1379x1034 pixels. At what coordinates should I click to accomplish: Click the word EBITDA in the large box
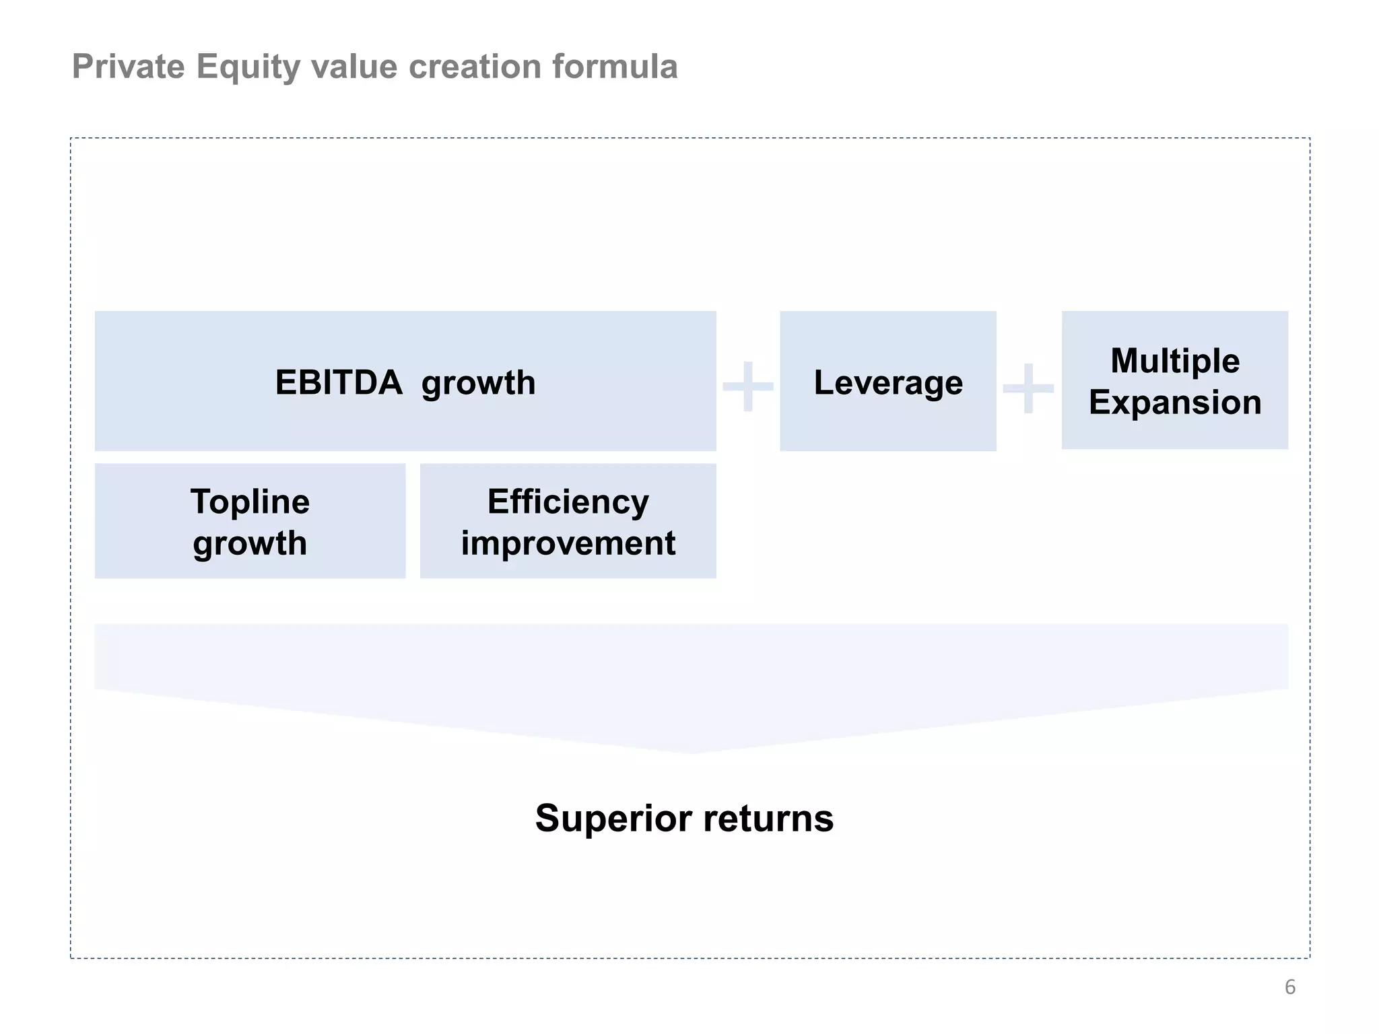(338, 383)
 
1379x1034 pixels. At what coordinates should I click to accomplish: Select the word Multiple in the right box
(1175, 361)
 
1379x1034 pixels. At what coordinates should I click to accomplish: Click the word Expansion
(1175, 403)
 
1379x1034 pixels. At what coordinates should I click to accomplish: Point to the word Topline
(250, 502)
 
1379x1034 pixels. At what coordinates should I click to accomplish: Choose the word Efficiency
(568, 502)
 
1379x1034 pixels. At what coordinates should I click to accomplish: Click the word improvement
(568, 543)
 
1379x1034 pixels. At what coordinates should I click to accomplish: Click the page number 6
(1289, 987)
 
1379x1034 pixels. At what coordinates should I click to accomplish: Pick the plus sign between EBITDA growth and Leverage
(747, 386)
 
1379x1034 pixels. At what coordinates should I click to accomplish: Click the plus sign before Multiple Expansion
(1028, 388)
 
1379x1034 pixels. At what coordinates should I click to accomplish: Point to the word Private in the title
(128, 67)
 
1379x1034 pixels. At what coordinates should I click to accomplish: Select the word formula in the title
(615, 67)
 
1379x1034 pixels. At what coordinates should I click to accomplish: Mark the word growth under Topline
(250, 543)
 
